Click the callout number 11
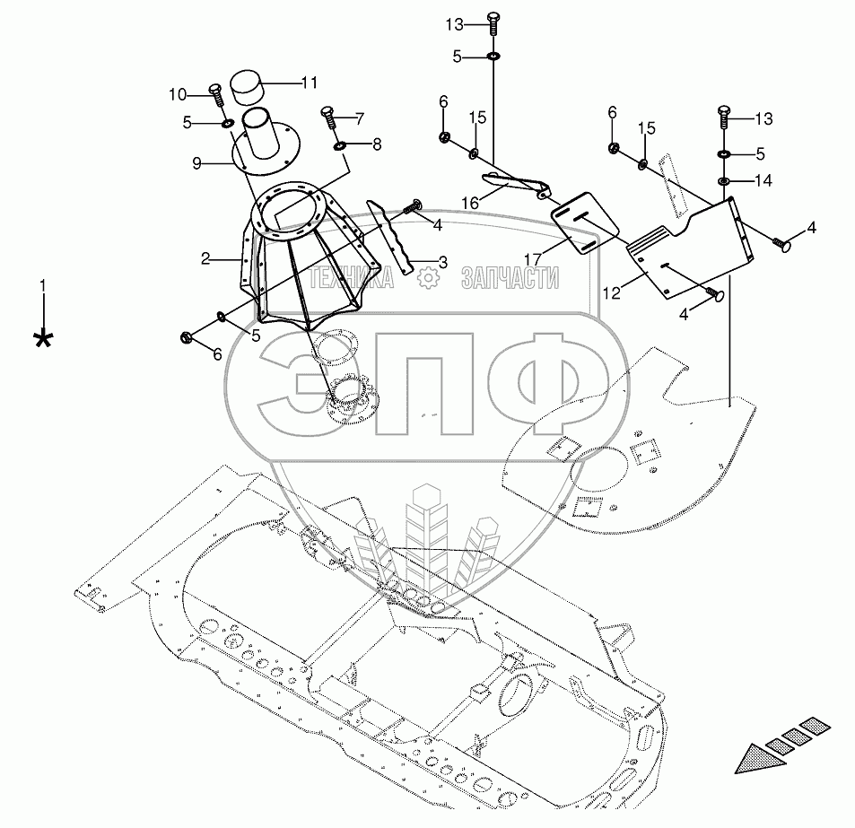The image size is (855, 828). pos(310,83)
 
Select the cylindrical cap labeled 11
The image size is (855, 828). pos(246,87)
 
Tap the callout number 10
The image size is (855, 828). pos(178,95)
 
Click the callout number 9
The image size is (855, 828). pos(196,163)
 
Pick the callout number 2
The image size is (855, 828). pos(205,258)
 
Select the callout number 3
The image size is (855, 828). pos(443,263)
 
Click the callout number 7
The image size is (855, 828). pos(359,118)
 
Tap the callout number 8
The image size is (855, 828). pos(377,144)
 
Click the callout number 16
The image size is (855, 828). pos(470,204)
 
